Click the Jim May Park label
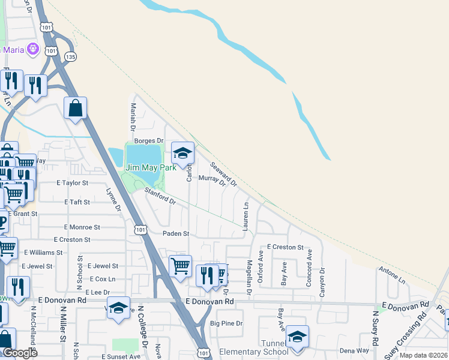[x=150, y=168]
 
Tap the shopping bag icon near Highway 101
[x=76, y=109]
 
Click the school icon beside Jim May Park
[x=183, y=154]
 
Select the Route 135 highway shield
[x=70, y=56]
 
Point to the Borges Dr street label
[x=148, y=140]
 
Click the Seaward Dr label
[x=223, y=173]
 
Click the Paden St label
[x=176, y=233]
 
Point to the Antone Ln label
[x=392, y=276]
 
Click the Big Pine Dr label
[x=226, y=323]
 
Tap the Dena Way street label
[x=353, y=350]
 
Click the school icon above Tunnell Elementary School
[x=297, y=337]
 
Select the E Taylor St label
[x=73, y=182]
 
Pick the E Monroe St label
[x=82, y=227]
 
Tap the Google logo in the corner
[x=19, y=353]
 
